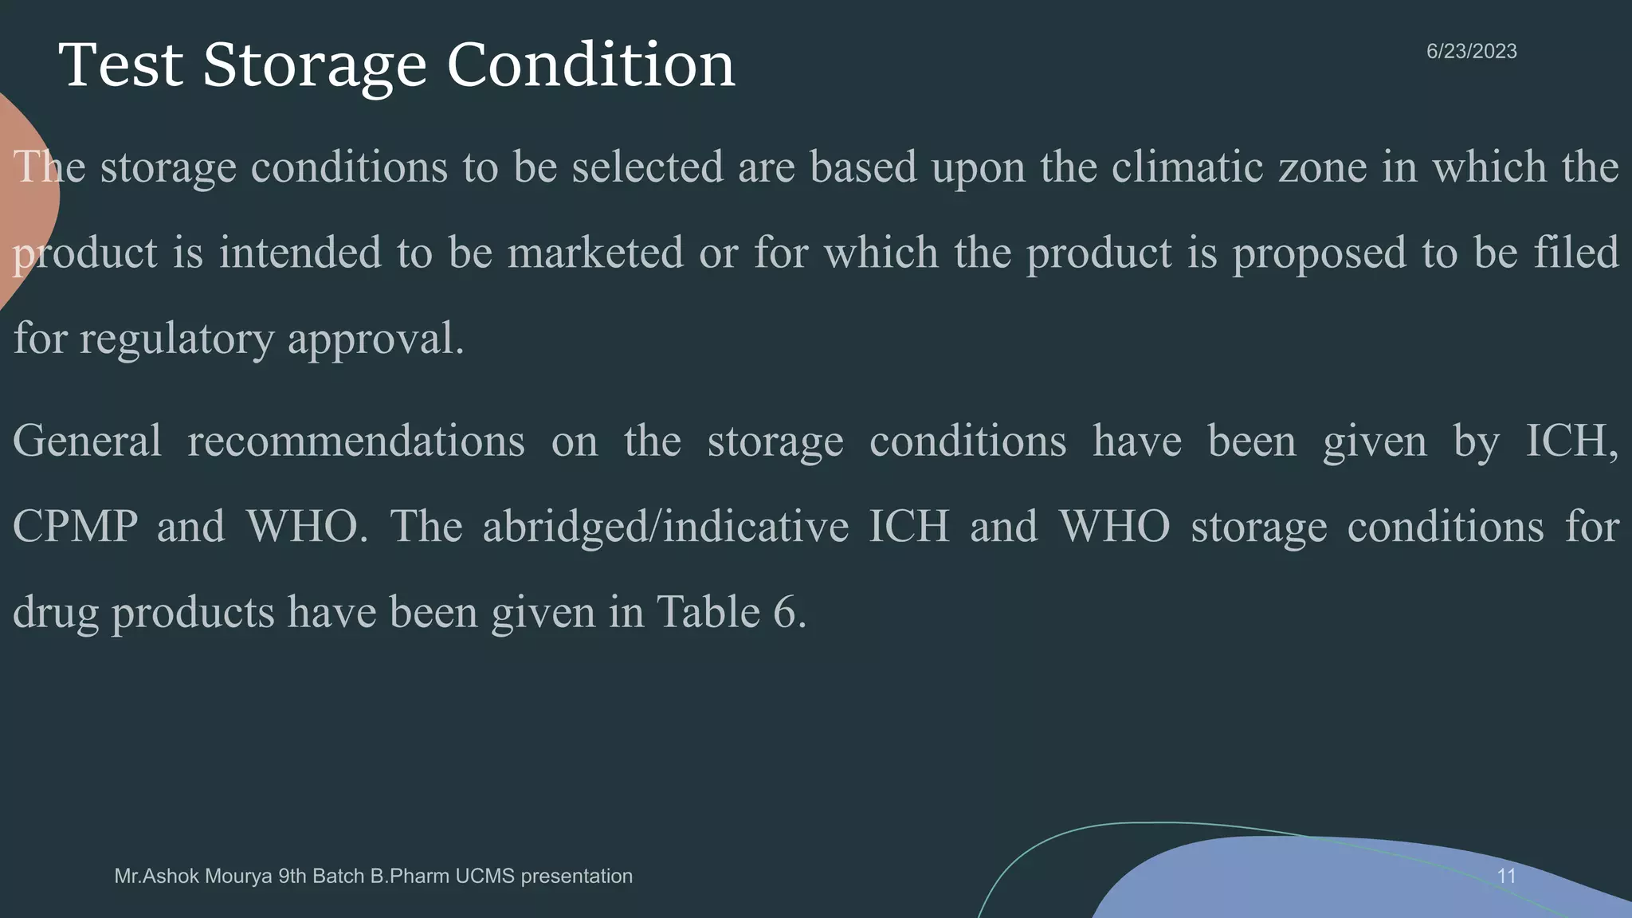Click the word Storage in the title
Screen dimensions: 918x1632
tap(315, 66)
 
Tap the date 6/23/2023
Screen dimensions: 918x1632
tap(1471, 52)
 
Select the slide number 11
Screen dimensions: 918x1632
tap(1506, 877)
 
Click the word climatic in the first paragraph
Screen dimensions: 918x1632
tap(1187, 167)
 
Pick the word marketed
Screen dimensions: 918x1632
tap(595, 253)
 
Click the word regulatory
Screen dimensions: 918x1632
tap(176, 339)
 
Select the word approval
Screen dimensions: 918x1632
tap(375, 339)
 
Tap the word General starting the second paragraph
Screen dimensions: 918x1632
tap(87, 441)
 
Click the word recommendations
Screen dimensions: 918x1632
tap(355, 441)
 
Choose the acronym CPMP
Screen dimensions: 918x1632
tap(75, 527)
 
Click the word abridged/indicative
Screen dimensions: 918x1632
tap(665, 527)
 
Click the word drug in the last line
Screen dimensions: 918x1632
tap(55, 613)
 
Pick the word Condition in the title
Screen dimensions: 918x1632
tap(590, 66)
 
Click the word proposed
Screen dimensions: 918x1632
tap(1320, 253)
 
